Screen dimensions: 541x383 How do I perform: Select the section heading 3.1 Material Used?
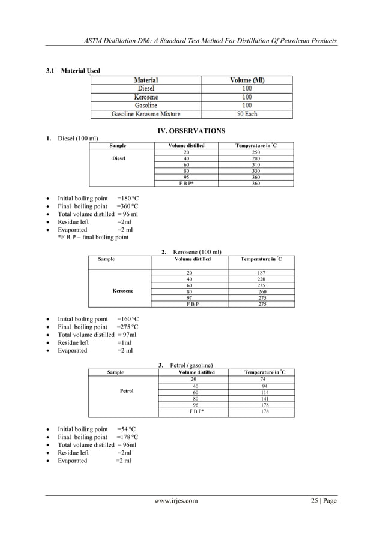click(74, 71)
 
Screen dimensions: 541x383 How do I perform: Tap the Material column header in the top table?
click(146, 80)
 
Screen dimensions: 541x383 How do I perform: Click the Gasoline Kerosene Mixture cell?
click(146, 113)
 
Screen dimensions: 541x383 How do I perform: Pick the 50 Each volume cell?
click(247, 113)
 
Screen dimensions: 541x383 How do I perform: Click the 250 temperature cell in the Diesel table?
click(256, 153)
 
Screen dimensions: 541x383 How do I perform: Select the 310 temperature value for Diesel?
click(256, 165)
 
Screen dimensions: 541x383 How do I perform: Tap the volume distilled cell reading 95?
click(186, 178)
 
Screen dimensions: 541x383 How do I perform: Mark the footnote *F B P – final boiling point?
click(92, 238)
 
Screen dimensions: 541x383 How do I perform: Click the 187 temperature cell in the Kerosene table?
click(261, 273)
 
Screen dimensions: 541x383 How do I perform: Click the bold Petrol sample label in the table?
click(126, 391)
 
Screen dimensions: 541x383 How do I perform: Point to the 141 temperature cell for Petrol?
click(264, 398)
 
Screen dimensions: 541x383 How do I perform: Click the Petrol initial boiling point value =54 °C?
click(127, 429)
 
